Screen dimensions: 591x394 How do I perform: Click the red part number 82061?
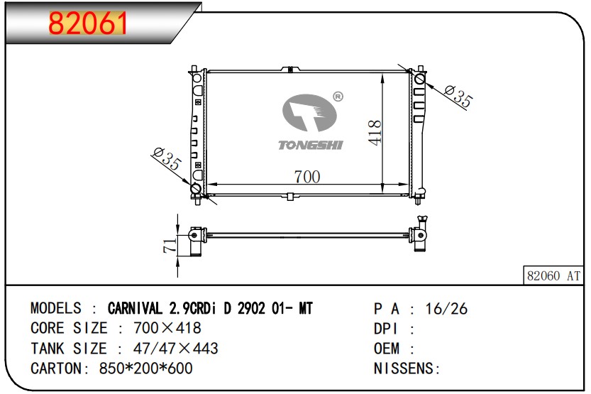(x=87, y=23)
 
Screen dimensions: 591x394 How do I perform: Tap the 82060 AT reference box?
(x=553, y=275)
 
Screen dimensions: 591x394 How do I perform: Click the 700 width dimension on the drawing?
(x=306, y=177)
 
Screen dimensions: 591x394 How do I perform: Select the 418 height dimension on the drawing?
(x=375, y=132)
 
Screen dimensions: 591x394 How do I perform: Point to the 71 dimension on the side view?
(x=170, y=245)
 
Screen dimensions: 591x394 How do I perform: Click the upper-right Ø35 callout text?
(x=458, y=96)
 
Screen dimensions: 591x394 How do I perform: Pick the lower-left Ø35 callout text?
(x=167, y=158)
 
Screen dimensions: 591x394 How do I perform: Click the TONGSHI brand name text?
(x=310, y=145)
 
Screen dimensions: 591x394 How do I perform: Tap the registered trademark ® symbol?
(x=338, y=97)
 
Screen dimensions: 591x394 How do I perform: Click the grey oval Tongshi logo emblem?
(x=309, y=113)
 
